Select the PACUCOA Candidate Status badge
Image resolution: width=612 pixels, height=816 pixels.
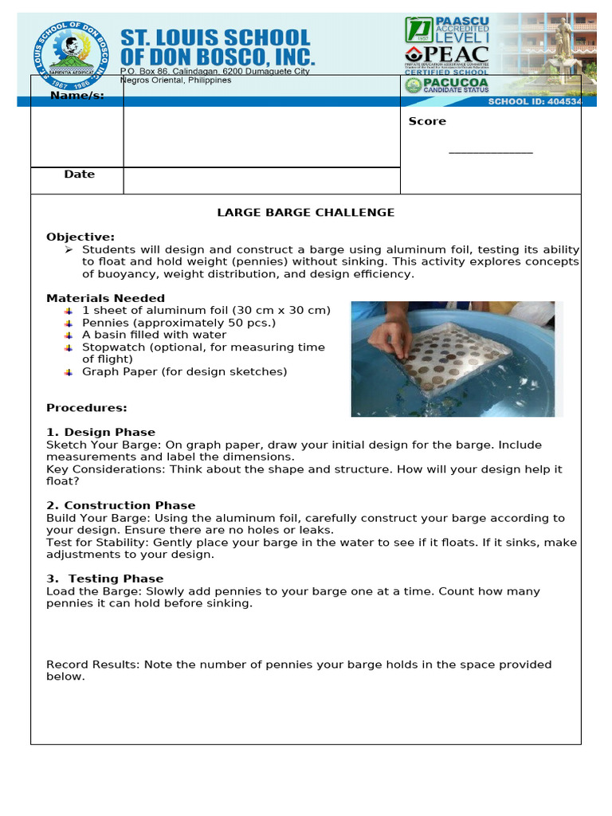(x=446, y=85)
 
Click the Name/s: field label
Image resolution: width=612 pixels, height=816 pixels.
(x=77, y=96)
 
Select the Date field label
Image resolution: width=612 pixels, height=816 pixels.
(x=79, y=175)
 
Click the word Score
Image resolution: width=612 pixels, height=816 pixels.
(x=427, y=121)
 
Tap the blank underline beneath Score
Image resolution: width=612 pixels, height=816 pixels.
(x=490, y=152)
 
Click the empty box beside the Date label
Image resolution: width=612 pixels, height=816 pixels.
(x=261, y=181)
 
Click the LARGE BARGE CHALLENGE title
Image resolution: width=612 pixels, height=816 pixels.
(x=306, y=213)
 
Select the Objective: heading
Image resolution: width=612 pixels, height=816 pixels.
(x=80, y=237)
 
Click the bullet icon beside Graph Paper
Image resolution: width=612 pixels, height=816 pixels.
(x=69, y=372)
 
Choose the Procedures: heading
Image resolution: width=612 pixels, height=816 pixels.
(x=86, y=408)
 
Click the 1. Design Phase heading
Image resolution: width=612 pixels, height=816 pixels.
(x=100, y=433)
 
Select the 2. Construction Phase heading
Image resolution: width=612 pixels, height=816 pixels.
(x=120, y=506)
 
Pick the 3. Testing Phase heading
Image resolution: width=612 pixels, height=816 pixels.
(x=104, y=579)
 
